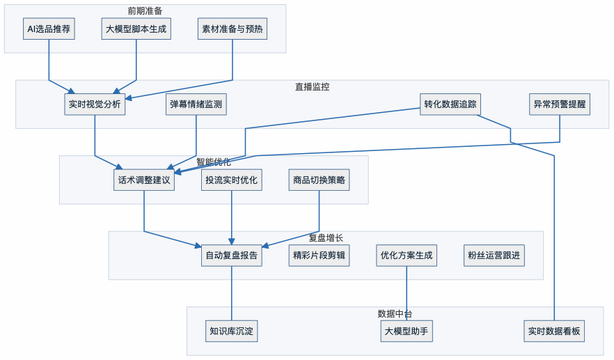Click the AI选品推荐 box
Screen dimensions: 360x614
coord(49,30)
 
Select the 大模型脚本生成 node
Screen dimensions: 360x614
coord(138,30)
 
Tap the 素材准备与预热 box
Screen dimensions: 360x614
coord(233,30)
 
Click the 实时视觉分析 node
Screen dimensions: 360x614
coord(95,105)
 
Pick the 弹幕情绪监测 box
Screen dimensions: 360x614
coord(196,105)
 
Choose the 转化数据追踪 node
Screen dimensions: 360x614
coord(450,105)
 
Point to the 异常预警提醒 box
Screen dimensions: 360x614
coord(560,105)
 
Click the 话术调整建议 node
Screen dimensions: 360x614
coord(144,180)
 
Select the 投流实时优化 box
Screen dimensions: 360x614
coord(231,180)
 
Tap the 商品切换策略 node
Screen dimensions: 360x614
coord(319,180)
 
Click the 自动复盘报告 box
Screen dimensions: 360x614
coord(231,256)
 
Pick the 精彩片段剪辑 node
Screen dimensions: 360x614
coord(319,256)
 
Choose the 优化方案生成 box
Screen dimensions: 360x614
coord(407,256)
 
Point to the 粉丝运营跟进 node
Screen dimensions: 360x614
coord(494,256)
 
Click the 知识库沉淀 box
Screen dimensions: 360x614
coord(233,331)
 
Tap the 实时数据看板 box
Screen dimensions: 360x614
coord(554,331)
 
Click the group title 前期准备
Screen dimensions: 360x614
coord(145,11)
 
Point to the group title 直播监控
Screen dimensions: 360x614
coord(312,87)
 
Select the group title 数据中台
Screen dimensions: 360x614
coord(395,313)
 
